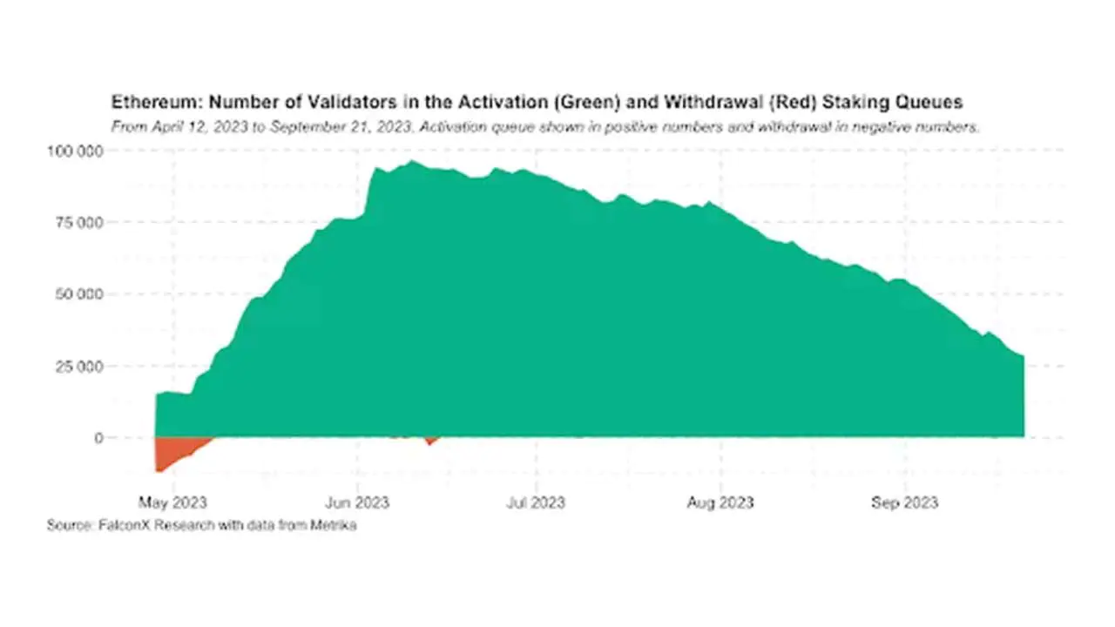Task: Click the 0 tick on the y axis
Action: coord(98,438)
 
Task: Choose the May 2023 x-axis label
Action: coord(173,502)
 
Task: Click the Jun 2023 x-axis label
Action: coord(356,502)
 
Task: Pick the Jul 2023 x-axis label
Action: coord(536,502)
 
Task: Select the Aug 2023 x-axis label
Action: coord(720,502)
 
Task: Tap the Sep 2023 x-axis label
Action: coord(905,502)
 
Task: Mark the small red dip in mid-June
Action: coord(429,441)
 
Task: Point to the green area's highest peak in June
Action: coord(413,163)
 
